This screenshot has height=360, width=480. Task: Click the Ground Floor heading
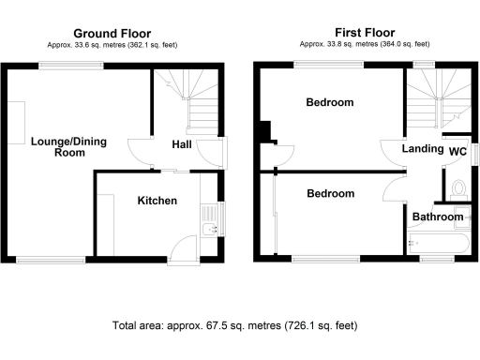[112, 34]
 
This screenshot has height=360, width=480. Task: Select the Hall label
[182, 145]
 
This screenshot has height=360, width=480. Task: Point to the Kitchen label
[157, 201]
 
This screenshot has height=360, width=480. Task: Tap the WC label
[457, 151]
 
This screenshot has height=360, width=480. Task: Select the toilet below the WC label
[457, 190]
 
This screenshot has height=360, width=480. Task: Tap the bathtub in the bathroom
[437, 246]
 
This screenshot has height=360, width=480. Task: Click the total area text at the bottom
[234, 325]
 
